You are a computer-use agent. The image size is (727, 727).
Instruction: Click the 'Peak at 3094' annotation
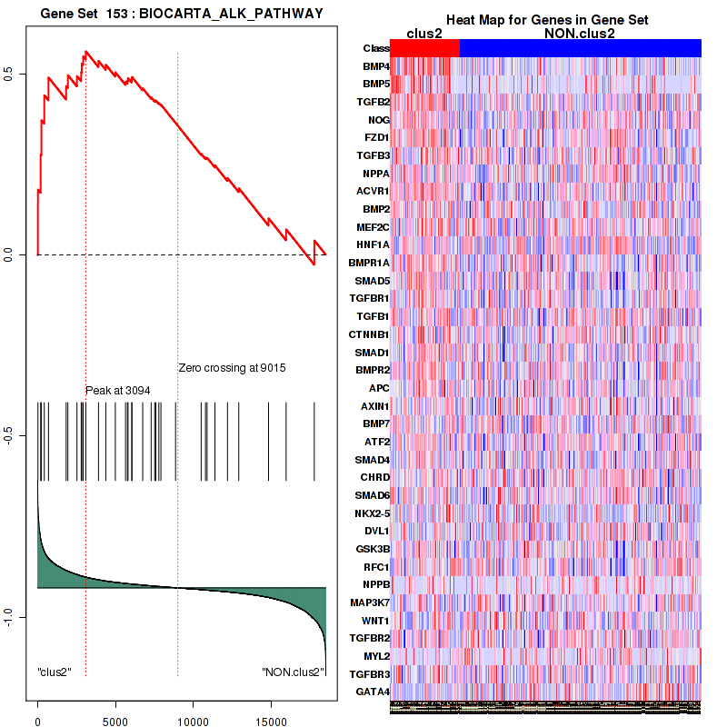(x=117, y=390)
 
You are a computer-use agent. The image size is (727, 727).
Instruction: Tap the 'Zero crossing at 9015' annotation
(x=232, y=368)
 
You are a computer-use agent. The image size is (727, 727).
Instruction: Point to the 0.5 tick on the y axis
(x=9, y=74)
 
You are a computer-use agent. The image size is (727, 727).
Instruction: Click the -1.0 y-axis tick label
(x=9, y=617)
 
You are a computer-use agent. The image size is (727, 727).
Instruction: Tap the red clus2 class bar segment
(x=425, y=48)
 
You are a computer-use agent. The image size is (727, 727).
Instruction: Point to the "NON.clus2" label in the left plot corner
(x=293, y=672)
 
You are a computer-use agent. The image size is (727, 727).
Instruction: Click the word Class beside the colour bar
(x=375, y=48)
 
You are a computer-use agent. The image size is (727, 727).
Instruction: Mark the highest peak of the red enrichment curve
(x=85, y=52)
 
